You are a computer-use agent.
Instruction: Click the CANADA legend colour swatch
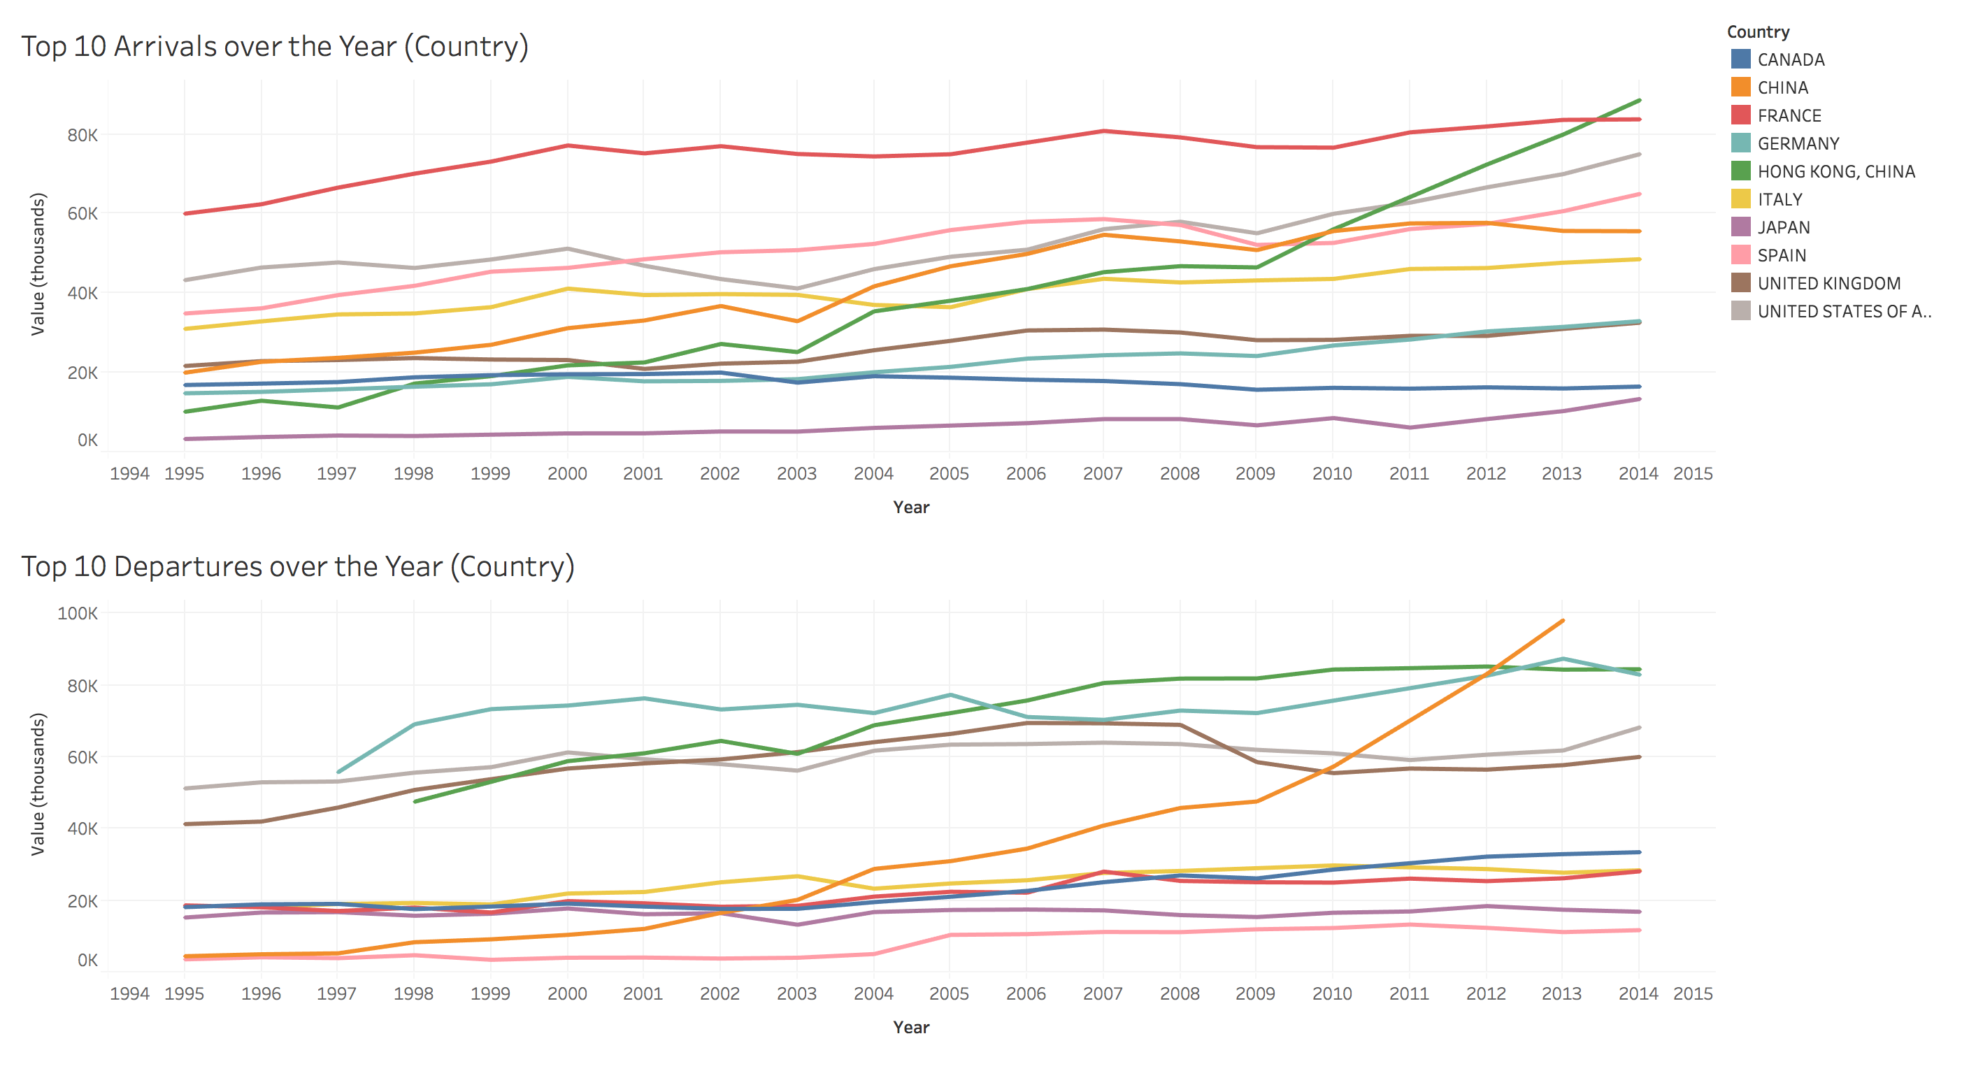pyautogui.click(x=1740, y=59)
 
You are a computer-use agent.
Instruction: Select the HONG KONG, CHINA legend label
pyautogui.click(x=1835, y=171)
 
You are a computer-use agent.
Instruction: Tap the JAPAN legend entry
pyautogui.click(x=1783, y=227)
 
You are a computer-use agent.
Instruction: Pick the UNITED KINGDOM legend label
pyautogui.click(x=1828, y=283)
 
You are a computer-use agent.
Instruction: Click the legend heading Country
pyautogui.click(x=1758, y=32)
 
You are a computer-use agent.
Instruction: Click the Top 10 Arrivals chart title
pyautogui.click(x=275, y=46)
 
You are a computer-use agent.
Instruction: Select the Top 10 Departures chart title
pyautogui.click(x=298, y=567)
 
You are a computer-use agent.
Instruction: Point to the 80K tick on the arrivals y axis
pyautogui.click(x=83, y=136)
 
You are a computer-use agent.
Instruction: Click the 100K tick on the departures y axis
pyautogui.click(x=78, y=613)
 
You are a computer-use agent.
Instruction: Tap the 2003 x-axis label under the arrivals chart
pyautogui.click(x=796, y=474)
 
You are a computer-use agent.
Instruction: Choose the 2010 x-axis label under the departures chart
pyautogui.click(x=1331, y=994)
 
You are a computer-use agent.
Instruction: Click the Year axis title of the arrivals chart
pyautogui.click(x=911, y=508)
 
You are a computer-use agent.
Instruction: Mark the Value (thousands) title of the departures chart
pyautogui.click(x=37, y=784)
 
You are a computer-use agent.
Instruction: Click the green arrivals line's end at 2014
pyautogui.click(x=1639, y=101)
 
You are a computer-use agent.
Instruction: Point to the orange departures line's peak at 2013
pyautogui.click(x=1562, y=621)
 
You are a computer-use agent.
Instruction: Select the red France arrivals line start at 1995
pyautogui.click(x=185, y=213)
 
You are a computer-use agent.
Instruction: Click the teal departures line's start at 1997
pyautogui.click(x=338, y=772)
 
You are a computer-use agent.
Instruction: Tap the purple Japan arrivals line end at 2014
pyautogui.click(x=1639, y=399)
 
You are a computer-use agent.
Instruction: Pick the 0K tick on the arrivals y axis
pyautogui.click(x=87, y=440)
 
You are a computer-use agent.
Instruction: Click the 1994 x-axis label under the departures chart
pyautogui.click(x=129, y=994)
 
